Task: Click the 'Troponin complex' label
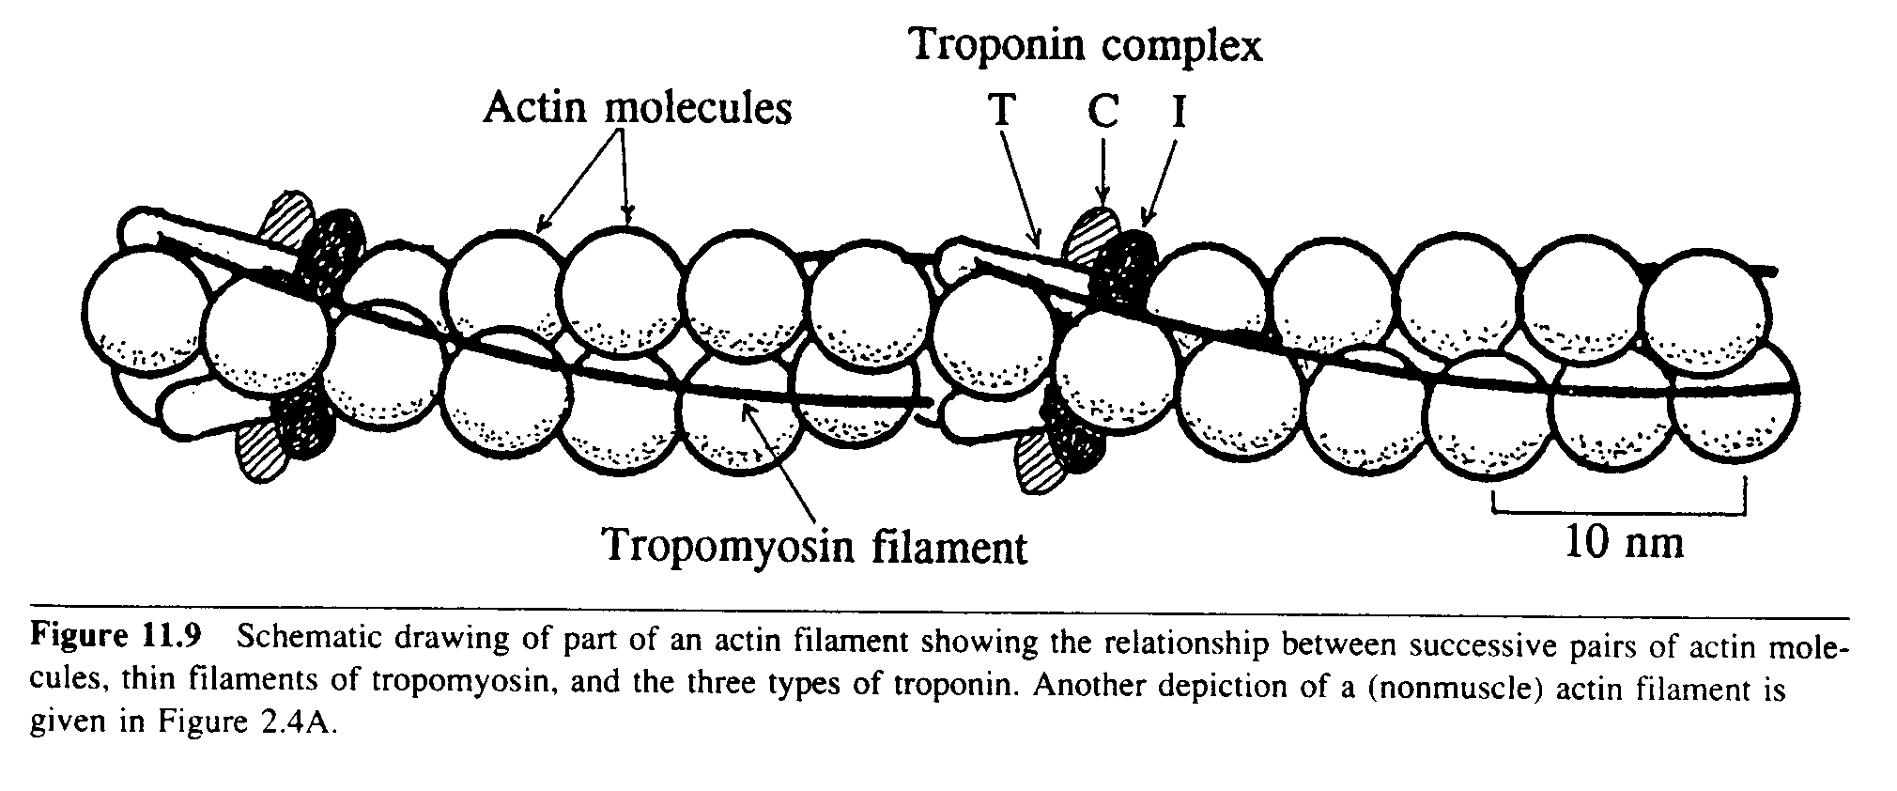click(x=1087, y=44)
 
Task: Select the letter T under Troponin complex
click(x=1002, y=111)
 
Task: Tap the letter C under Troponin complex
click(x=1103, y=111)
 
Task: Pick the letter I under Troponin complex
click(x=1179, y=111)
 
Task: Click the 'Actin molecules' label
click(x=637, y=108)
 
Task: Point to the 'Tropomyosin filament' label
click(x=814, y=545)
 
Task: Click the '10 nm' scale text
click(x=1624, y=542)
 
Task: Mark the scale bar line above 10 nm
click(x=1618, y=512)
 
